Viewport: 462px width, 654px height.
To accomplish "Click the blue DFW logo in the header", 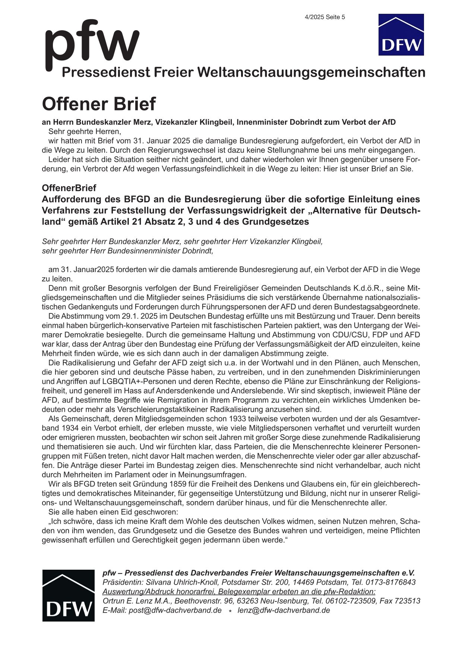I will coord(401,35).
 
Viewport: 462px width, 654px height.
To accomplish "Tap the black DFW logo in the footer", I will coord(68,595).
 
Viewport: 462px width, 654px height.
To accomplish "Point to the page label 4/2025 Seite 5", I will coord(325,17).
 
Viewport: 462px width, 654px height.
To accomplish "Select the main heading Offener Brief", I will coord(99,104).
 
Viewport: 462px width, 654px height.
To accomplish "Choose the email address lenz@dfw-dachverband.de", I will coord(284,610).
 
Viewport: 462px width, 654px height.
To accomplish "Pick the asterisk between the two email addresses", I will coord(230,611).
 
